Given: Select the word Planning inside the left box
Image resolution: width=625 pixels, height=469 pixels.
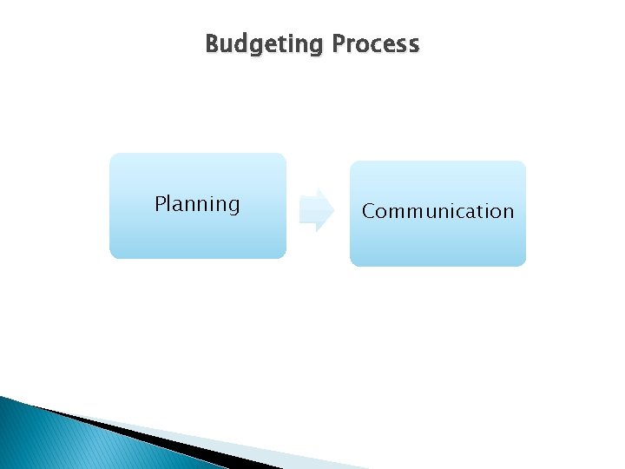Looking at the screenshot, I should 197,205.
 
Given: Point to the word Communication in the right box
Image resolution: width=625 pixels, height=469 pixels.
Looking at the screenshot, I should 437,212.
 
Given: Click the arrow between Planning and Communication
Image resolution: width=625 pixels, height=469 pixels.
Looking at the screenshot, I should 315,210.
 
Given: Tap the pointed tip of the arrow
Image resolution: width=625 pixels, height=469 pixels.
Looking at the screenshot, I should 332,210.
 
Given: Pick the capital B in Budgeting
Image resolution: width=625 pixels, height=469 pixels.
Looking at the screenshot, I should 212,43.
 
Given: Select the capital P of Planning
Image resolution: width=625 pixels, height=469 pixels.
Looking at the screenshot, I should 160,204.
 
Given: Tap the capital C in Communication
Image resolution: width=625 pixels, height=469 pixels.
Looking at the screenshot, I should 368,212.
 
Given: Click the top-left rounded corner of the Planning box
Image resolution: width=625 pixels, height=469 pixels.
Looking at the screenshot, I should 114,157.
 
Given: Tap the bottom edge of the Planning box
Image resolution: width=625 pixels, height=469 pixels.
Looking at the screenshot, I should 197,258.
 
